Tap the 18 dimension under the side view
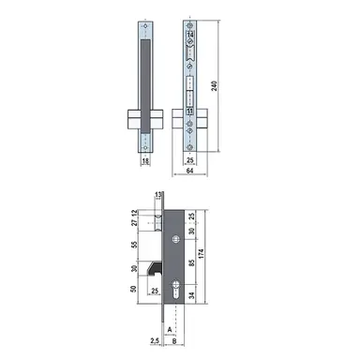click(145, 161)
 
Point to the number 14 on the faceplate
click(190, 37)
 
